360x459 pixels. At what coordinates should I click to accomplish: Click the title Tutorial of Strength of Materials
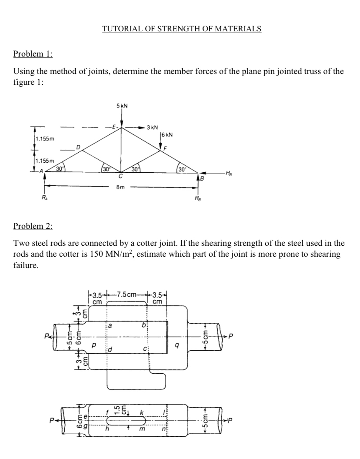coord(182,29)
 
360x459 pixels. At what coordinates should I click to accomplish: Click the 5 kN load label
coord(122,106)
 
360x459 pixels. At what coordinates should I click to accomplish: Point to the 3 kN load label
coord(152,127)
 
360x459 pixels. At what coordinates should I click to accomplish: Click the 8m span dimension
coord(120,187)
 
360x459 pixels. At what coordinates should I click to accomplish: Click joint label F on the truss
coord(165,148)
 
